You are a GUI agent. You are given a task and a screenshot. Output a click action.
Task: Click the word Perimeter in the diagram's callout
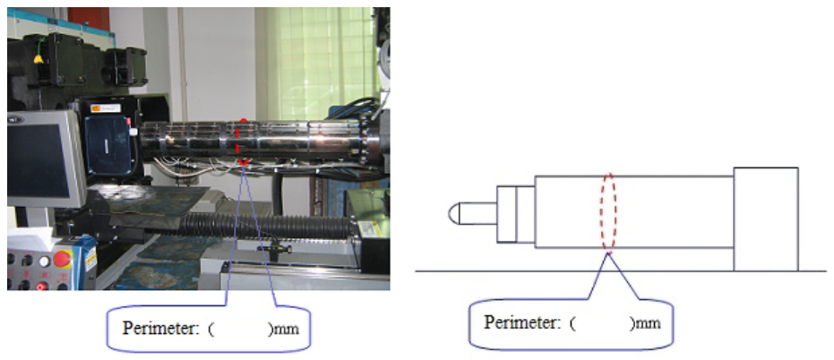tap(515, 321)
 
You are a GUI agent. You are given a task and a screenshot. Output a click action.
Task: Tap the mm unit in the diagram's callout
tap(646, 321)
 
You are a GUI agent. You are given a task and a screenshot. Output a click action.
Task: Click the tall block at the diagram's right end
tap(765, 218)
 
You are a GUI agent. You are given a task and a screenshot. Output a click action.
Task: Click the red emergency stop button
tap(62, 261)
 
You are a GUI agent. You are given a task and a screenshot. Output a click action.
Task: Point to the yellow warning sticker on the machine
tap(38, 59)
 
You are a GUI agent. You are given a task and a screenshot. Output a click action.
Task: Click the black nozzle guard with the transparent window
tap(110, 145)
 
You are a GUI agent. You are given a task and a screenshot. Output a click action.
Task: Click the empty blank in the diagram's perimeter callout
tap(598, 321)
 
